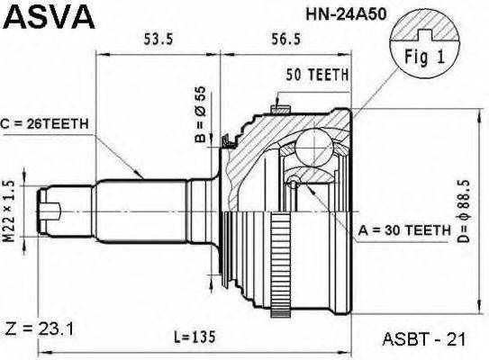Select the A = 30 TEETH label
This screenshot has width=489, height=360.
click(x=402, y=230)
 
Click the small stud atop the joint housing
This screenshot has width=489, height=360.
click(x=280, y=108)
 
